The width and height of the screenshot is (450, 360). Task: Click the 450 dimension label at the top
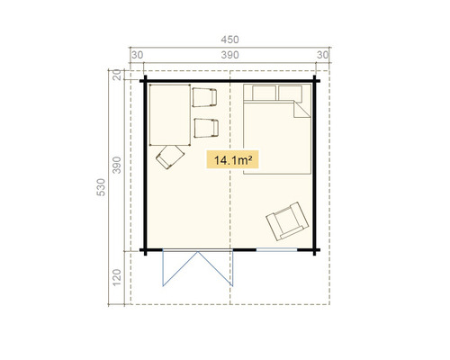pos(230,39)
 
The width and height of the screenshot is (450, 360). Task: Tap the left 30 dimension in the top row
pos(138,56)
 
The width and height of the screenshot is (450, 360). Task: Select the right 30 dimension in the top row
pos(323,56)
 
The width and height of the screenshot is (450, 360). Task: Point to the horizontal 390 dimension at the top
pos(230,56)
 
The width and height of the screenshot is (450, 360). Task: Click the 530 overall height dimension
pos(101,188)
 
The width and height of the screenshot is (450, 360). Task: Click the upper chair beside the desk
pos(205,96)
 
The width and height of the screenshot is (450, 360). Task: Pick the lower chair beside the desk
pos(205,127)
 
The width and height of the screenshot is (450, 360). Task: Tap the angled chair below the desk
pos(168,158)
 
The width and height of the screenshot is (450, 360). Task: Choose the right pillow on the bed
pos(290,94)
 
